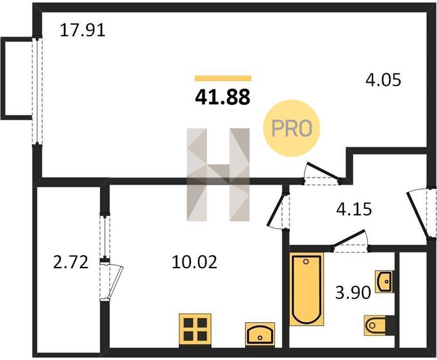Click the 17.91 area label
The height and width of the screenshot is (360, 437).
pyautogui.click(x=83, y=31)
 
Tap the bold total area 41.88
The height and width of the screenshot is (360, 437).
pyautogui.click(x=222, y=97)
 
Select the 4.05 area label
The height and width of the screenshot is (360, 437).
pyautogui.click(x=383, y=80)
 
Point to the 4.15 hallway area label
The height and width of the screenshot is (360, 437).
pyautogui.click(x=354, y=209)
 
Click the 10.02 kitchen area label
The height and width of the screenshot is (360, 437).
pyautogui.click(x=194, y=262)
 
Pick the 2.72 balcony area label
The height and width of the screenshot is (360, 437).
pyautogui.click(x=71, y=262)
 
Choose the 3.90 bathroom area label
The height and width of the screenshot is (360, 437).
pyautogui.click(x=353, y=293)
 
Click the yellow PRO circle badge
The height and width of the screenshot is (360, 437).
pyautogui.click(x=292, y=128)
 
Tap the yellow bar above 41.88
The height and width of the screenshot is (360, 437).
pyautogui.click(x=223, y=78)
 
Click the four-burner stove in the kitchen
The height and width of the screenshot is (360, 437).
pyautogui.click(x=195, y=331)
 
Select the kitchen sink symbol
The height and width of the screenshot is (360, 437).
pyautogui.click(x=260, y=335)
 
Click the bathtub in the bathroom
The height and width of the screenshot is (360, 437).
pyautogui.click(x=307, y=289)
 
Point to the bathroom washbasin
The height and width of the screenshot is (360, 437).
pyautogui.click(x=384, y=281)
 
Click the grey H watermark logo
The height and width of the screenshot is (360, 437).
pyautogui.click(x=218, y=175)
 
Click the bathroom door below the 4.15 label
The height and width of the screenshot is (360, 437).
pyautogui.click(x=351, y=241)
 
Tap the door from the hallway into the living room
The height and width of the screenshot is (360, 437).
pyautogui.click(x=321, y=173)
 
